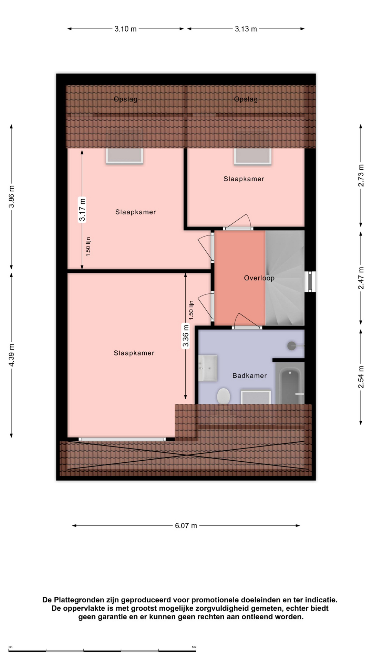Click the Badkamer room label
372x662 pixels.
tap(249, 375)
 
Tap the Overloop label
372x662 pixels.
tap(259, 278)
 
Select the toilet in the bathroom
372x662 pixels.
tap(224, 396)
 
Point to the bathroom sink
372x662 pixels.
tap(208, 368)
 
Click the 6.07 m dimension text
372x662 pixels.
tap(186, 525)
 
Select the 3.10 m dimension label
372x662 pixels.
tap(125, 29)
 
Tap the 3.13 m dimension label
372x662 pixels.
tap(246, 29)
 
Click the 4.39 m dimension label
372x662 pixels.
tap(12, 355)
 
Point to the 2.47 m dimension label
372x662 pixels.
tap(361, 278)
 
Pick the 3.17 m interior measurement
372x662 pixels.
tap(82, 210)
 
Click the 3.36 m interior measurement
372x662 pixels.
tap(186, 336)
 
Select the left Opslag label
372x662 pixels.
tap(125, 99)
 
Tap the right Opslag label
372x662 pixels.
tap(246, 99)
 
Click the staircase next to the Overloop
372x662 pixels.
tap(285, 278)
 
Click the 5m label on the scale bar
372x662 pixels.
tap(194, 647)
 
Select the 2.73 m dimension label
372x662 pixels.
tap(361, 175)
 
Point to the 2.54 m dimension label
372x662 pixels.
tap(361, 377)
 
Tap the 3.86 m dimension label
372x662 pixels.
tap(12, 197)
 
